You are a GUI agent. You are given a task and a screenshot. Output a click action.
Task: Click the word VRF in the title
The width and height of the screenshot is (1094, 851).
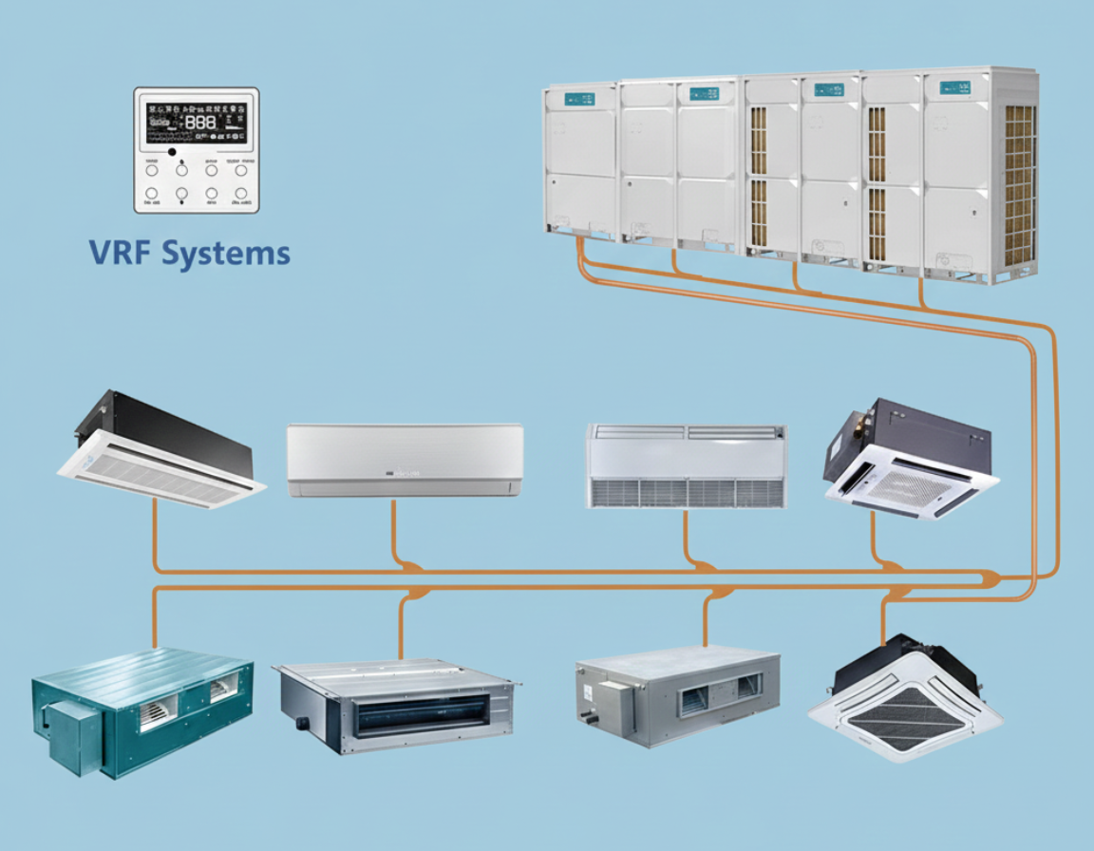click(x=121, y=254)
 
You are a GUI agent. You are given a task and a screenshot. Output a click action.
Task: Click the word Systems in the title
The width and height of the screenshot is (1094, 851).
click(x=226, y=254)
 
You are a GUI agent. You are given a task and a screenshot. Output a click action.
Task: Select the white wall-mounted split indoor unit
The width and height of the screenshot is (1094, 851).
click(x=405, y=460)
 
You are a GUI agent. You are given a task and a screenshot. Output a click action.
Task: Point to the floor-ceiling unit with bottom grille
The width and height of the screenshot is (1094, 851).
click(x=687, y=465)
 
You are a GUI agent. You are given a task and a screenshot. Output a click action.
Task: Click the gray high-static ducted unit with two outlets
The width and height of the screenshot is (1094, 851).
click(x=675, y=693)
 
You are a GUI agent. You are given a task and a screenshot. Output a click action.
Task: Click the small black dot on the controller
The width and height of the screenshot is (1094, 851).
click(x=171, y=151)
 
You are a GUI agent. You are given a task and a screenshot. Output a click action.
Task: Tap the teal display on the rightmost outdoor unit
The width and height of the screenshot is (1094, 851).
click(x=953, y=88)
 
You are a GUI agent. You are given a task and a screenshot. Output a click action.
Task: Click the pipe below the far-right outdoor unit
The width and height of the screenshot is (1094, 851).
click(x=921, y=294)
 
